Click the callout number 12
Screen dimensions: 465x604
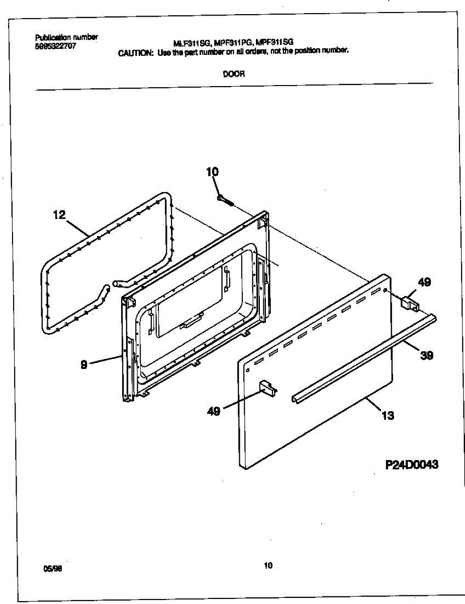coord(59,215)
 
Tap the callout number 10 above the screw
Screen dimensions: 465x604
coord(212,172)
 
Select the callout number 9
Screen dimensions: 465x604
coord(84,365)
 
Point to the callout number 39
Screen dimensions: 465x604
coord(426,355)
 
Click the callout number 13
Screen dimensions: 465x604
coord(387,416)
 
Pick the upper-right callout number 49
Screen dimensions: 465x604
coord(424,282)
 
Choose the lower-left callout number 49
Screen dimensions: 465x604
coord(214,411)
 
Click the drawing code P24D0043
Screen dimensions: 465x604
coord(412,465)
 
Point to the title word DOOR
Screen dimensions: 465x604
coord(234,73)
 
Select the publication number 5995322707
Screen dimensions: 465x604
coord(56,45)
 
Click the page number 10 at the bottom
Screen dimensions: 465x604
coord(267,565)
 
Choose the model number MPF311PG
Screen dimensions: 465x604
coord(236,44)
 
